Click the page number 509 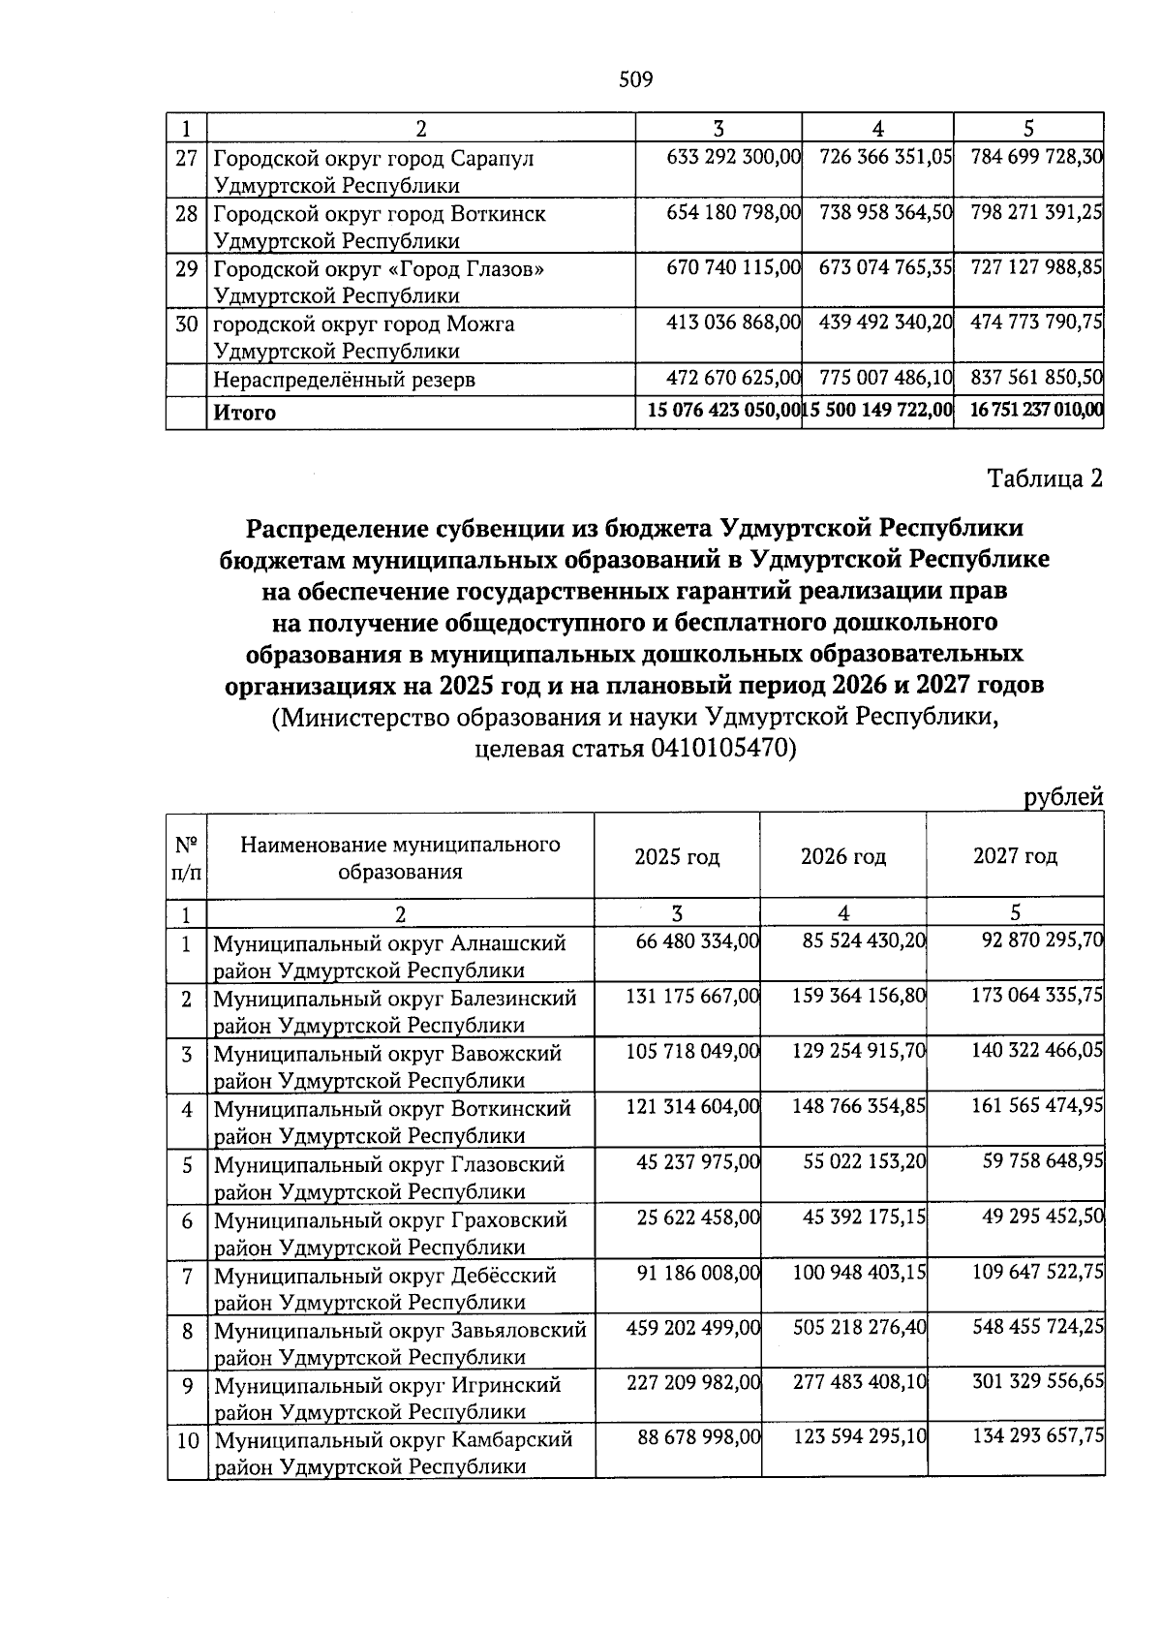coord(636,79)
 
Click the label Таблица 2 coord(1044,478)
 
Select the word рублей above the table coord(1063,797)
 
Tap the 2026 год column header coord(842,856)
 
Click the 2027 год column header coord(1015,856)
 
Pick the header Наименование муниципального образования coord(400,857)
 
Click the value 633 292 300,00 coord(733,156)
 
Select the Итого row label coord(245,414)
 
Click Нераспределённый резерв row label coord(344,381)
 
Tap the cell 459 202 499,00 coord(692,1328)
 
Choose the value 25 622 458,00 coord(697,1217)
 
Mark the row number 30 coord(186,324)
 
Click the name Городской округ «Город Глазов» coord(378,269)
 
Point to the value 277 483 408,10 coord(859,1383)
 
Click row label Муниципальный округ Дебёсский coord(384,1276)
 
